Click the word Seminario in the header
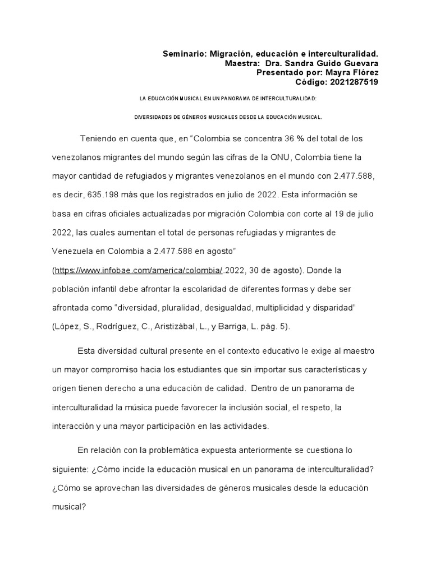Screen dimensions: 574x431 tap(185, 54)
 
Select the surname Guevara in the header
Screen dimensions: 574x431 tap(360, 63)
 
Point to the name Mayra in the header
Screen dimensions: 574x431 tap(340, 73)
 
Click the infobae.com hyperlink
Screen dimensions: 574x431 tap(139, 270)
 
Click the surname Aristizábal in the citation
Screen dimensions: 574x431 tap(184, 327)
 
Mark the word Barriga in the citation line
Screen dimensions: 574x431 tap(247, 327)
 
